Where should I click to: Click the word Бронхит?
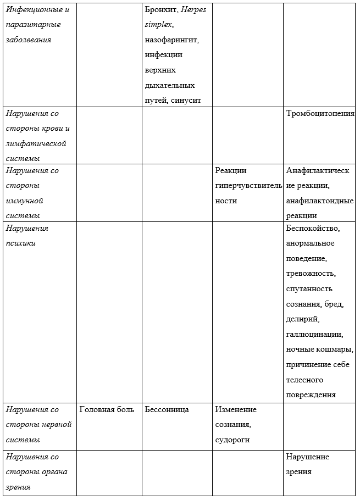(161, 10)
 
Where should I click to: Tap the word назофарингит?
(171, 40)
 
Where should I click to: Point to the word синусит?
(186, 100)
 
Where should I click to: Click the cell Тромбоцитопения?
(320, 114)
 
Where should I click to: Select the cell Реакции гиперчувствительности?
(248, 186)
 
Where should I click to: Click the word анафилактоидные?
(319, 201)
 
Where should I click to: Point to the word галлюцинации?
(314, 334)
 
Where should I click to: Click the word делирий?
(302, 319)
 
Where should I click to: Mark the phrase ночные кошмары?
(319, 349)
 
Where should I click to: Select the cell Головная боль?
(106, 409)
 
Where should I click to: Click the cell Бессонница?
(167, 409)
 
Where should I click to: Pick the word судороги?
(232, 440)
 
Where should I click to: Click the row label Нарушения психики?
(27, 236)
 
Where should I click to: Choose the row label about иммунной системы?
(32, 193)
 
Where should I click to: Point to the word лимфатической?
(36, 143)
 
